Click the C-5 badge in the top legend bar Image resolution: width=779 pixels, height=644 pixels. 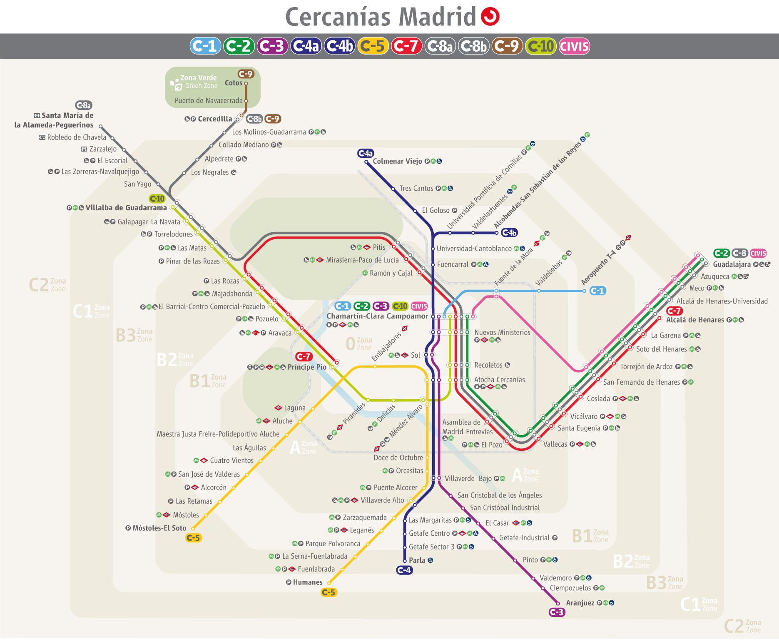[x=373, y=46]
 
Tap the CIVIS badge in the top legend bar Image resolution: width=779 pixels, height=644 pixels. [x=574, y=46]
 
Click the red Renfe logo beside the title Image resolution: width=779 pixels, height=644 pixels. [x=490, y=17]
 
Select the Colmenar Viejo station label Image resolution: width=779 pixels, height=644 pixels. [x=397, y=161]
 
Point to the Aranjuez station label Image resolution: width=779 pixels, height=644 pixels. [x=580, y=603]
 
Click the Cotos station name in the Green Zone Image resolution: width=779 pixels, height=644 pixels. [x=233, y=83]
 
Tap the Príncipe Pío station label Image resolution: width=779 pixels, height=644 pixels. [x=307, y=367]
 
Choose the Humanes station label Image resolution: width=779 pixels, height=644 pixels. [x=308, y=582]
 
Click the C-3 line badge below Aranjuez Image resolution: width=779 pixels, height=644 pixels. [x=557, y=612]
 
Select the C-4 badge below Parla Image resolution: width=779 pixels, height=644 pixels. [x=404, y=570]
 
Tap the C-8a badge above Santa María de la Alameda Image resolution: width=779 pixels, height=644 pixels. [x=84, y=105]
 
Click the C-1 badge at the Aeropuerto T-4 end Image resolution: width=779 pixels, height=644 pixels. [x=597, y=291]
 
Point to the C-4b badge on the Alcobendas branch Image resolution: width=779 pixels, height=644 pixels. [x=509, y=232]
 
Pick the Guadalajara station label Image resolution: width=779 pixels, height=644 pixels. [x=732, y=264]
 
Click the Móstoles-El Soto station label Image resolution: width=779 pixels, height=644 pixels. [x=159, y=528]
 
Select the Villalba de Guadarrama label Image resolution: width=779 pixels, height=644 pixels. [x=126, y=207]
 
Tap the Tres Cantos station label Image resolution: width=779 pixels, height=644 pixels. [x=416, y=188]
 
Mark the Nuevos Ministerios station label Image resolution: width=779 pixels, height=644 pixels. [x=502, y=332]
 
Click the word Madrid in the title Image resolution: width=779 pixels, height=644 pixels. [x=437, y=17]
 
